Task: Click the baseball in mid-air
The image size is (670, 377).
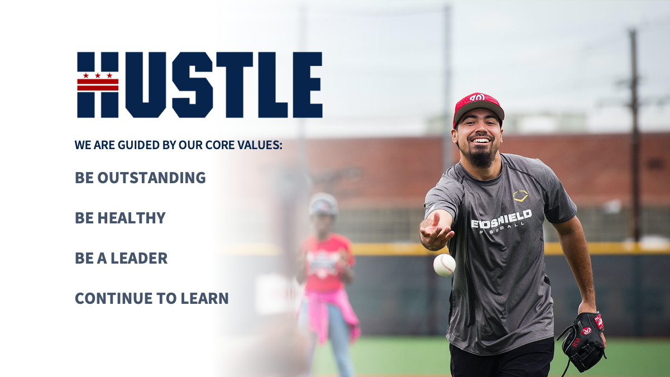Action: (x=444, y=265)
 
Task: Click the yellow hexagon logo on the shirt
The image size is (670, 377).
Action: (x=521, y=195)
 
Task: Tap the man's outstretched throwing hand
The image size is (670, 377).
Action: (x=436, y=231)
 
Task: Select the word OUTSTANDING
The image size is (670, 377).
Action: (x=151, y=178)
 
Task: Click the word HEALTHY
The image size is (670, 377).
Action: (x=131, y=218)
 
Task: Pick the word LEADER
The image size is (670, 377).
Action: (x=139, y=258)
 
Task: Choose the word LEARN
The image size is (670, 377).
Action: (x=204, y=298)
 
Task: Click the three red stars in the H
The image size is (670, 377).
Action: (x=98, y=75)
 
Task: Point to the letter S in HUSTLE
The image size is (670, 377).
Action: (x=192, y=85)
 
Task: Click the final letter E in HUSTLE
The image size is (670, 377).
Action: (x=308, y=85)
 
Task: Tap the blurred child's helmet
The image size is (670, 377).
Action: (x=323, y=204)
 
